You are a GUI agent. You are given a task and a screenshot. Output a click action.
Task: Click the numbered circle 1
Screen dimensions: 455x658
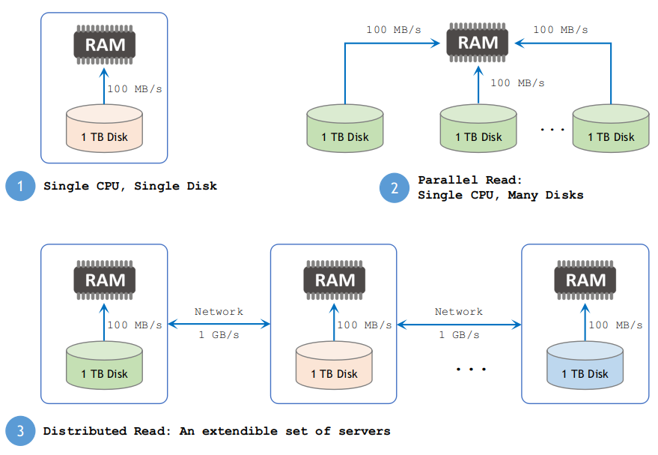pyautogui.click(x=20, y=186)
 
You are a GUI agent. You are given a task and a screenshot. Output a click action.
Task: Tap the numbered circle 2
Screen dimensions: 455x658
pyautogui.click(x=395, y=187)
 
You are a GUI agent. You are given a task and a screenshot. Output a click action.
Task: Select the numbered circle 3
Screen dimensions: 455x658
pyautogui.click(x=20, y=431)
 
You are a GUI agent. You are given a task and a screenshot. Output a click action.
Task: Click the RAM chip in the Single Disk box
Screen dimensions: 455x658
pyautogui.click(x=104, y=44)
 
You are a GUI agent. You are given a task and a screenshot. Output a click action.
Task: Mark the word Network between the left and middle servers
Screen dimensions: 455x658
pyautogui.click(x=219, y=312)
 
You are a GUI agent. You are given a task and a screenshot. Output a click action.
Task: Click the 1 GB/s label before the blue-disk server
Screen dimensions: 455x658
pyautogui.click(x=459, y=335)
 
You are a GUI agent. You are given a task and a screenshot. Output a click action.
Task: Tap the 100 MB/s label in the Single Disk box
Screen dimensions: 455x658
pyautogui.click(x=135, y=89)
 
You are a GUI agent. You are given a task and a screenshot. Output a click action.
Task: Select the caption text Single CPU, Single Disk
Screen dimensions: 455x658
pyautogui.click(x=130, y=186)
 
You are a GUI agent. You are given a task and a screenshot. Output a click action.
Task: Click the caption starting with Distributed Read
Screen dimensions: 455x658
pyautogui.click(x=216, y=431)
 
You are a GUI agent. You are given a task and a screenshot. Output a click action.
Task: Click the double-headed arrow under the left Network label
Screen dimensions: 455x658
pyautogui.click(x=219, y=324)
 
